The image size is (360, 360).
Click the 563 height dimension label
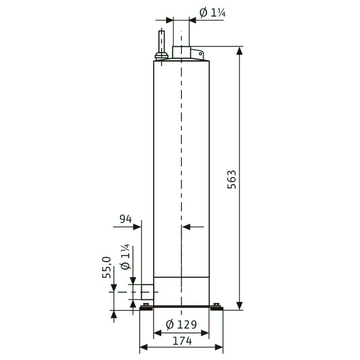click(232, 179)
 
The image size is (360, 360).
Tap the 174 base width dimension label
click(182, 341)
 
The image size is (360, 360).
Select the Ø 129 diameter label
click(181, 325)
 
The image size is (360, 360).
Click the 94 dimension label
click(125, 219)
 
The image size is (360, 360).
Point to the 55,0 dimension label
click(107, 268)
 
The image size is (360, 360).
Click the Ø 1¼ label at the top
click(212, 13)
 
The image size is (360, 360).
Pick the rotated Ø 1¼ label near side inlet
click(125, 257)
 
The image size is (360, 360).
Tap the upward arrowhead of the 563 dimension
click(239, 51)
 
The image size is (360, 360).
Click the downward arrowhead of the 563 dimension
click(239, 306)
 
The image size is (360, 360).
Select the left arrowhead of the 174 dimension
click(143, 347)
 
